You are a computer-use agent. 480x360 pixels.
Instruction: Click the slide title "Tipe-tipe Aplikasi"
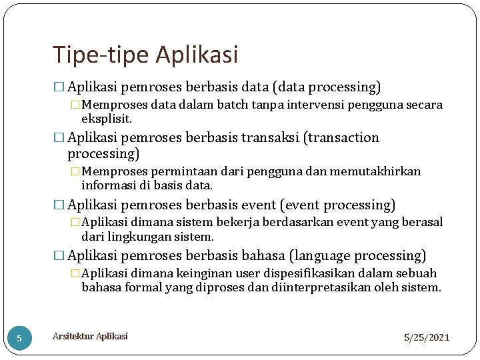pos(145,55)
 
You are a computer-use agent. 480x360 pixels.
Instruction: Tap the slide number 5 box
pos(19,338)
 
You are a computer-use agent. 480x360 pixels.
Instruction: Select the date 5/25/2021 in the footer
pos(427,338)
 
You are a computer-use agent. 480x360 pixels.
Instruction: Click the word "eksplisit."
pos(107,119)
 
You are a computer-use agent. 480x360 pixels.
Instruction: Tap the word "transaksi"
pos(270,138)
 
